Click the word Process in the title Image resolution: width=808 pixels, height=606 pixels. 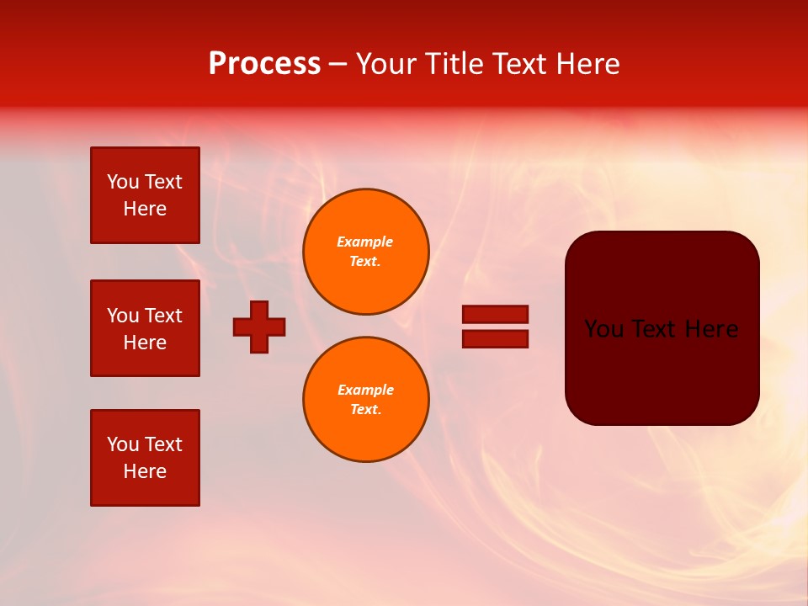pyautogui.click(x=264, y=64)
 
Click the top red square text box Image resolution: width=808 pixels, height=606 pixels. pyautogui.click(x=145, y=195)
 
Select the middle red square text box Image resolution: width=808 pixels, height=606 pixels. pyautogui.click(x=145, y=328)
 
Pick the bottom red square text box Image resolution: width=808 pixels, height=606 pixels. pyautogui.click(x=145, y=458)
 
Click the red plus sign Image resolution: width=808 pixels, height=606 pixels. pyautogui.click(x=259, y=327)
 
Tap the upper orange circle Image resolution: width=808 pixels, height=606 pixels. pyautogui.click(x=365, y=252)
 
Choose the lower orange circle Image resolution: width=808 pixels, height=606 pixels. pyautogui.click(x=365, y=400)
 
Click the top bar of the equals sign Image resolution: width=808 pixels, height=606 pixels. pyautogui.click(x=495, y=314)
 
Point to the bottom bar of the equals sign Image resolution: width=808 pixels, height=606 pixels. pyautogui.click(x=495, y=338)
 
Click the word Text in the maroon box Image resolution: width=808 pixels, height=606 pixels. pyautogui.click(x=661, y=329)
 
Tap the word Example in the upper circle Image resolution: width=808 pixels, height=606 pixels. pyautogui.click(x=364, y=242)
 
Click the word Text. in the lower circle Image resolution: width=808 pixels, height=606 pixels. pyautogui.click(x=365, y=410)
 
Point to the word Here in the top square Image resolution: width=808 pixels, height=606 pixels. pyautogui.click(x=145, y=209)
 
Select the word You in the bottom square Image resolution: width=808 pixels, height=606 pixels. pyautogui.click(x=123, y=444)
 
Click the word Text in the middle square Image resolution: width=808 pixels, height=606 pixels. pyautogui.click(x=163, y=316)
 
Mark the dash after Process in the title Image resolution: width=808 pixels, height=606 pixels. pyautogui.click(x=338, y=65)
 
